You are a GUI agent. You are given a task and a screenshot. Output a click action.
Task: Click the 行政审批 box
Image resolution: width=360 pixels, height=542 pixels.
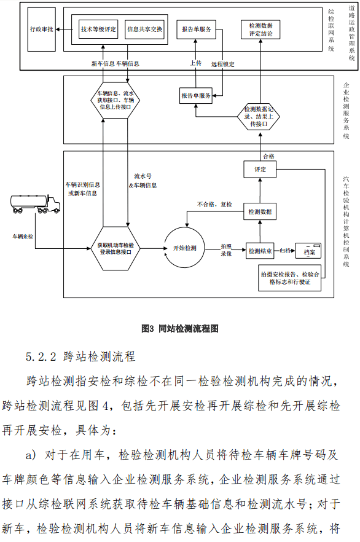pos(41,29)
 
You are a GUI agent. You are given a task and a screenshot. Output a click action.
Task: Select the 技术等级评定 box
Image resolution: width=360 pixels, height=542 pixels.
pos(98,29)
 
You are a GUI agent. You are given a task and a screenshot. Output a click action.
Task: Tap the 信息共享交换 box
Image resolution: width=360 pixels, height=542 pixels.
pos(145,29)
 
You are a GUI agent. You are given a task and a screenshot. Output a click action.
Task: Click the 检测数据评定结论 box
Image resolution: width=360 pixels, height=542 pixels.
pos(260,29)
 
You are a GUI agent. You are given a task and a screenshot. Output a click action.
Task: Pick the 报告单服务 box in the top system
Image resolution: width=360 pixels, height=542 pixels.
pos(196,29)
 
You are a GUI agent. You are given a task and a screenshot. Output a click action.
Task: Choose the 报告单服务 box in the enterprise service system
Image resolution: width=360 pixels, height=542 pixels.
pos(196,95)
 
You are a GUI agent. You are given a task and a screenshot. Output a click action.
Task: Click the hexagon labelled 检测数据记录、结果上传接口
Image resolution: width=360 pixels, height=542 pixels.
pos(259,117)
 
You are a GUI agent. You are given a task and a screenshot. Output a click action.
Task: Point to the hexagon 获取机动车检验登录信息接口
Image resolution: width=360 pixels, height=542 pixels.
pos(115,248)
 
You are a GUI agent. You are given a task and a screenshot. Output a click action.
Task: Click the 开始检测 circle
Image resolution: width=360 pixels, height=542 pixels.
pos(184,248)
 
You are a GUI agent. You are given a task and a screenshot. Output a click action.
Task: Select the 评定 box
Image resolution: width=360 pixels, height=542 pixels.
pos(260,170)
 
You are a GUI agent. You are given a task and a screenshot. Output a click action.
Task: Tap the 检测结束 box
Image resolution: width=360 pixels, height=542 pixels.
pos(260,251)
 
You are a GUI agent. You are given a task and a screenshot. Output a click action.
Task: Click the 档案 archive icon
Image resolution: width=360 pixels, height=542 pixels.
pos(308,251)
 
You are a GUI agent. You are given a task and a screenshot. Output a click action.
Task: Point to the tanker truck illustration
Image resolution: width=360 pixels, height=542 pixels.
pos(35,203)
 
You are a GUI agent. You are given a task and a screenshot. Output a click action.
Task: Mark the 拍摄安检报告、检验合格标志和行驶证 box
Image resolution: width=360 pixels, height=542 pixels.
pos(289,278)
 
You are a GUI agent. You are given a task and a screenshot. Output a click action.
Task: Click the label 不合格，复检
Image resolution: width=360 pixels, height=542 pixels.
pos(214,205)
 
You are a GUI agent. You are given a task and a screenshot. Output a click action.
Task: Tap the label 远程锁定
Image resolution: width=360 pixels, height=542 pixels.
pos(223,65)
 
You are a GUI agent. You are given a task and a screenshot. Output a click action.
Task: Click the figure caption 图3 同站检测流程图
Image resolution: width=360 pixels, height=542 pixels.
pos(180,329)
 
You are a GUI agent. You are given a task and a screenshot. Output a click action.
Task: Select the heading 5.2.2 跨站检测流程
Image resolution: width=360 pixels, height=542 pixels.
pos(80,356)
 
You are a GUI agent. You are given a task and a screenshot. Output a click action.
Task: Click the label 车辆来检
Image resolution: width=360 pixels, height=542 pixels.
pos(23,237)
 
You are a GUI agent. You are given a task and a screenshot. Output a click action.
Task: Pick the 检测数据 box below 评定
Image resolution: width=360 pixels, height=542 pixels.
pos(260,211)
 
